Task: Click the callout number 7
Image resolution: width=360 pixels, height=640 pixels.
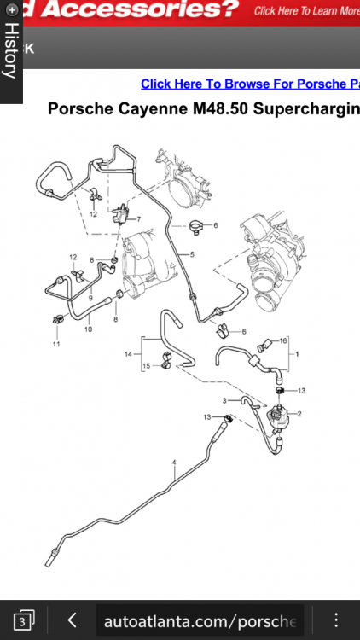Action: tap(139, 219)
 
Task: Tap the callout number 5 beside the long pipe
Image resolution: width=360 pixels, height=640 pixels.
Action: tap(192, 254)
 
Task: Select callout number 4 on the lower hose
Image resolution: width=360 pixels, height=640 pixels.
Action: tap(174, 463)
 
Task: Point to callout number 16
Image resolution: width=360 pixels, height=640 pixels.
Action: tap(283, 340)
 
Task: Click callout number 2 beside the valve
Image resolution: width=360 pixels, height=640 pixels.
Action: tap(299, 414)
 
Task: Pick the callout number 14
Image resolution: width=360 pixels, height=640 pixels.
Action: tap(129, 354)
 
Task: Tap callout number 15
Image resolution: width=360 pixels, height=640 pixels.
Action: tap(147, 366)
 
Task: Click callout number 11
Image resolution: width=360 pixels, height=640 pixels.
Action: tap(56, 344)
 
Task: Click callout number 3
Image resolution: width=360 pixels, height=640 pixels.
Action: tap(224, 401)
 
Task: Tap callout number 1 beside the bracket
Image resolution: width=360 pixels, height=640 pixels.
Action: tap(297, 354)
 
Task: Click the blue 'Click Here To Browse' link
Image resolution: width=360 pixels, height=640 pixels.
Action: tap(250, 84)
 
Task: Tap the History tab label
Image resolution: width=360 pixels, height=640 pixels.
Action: tap(11, 50)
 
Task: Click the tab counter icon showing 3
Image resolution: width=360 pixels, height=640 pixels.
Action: tap(24, 620)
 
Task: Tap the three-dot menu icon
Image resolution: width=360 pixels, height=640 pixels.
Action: tap(336, 620)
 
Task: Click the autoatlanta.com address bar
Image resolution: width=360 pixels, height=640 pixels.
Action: tap(200, 621)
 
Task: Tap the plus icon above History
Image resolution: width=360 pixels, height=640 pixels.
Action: tap(12, 9)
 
